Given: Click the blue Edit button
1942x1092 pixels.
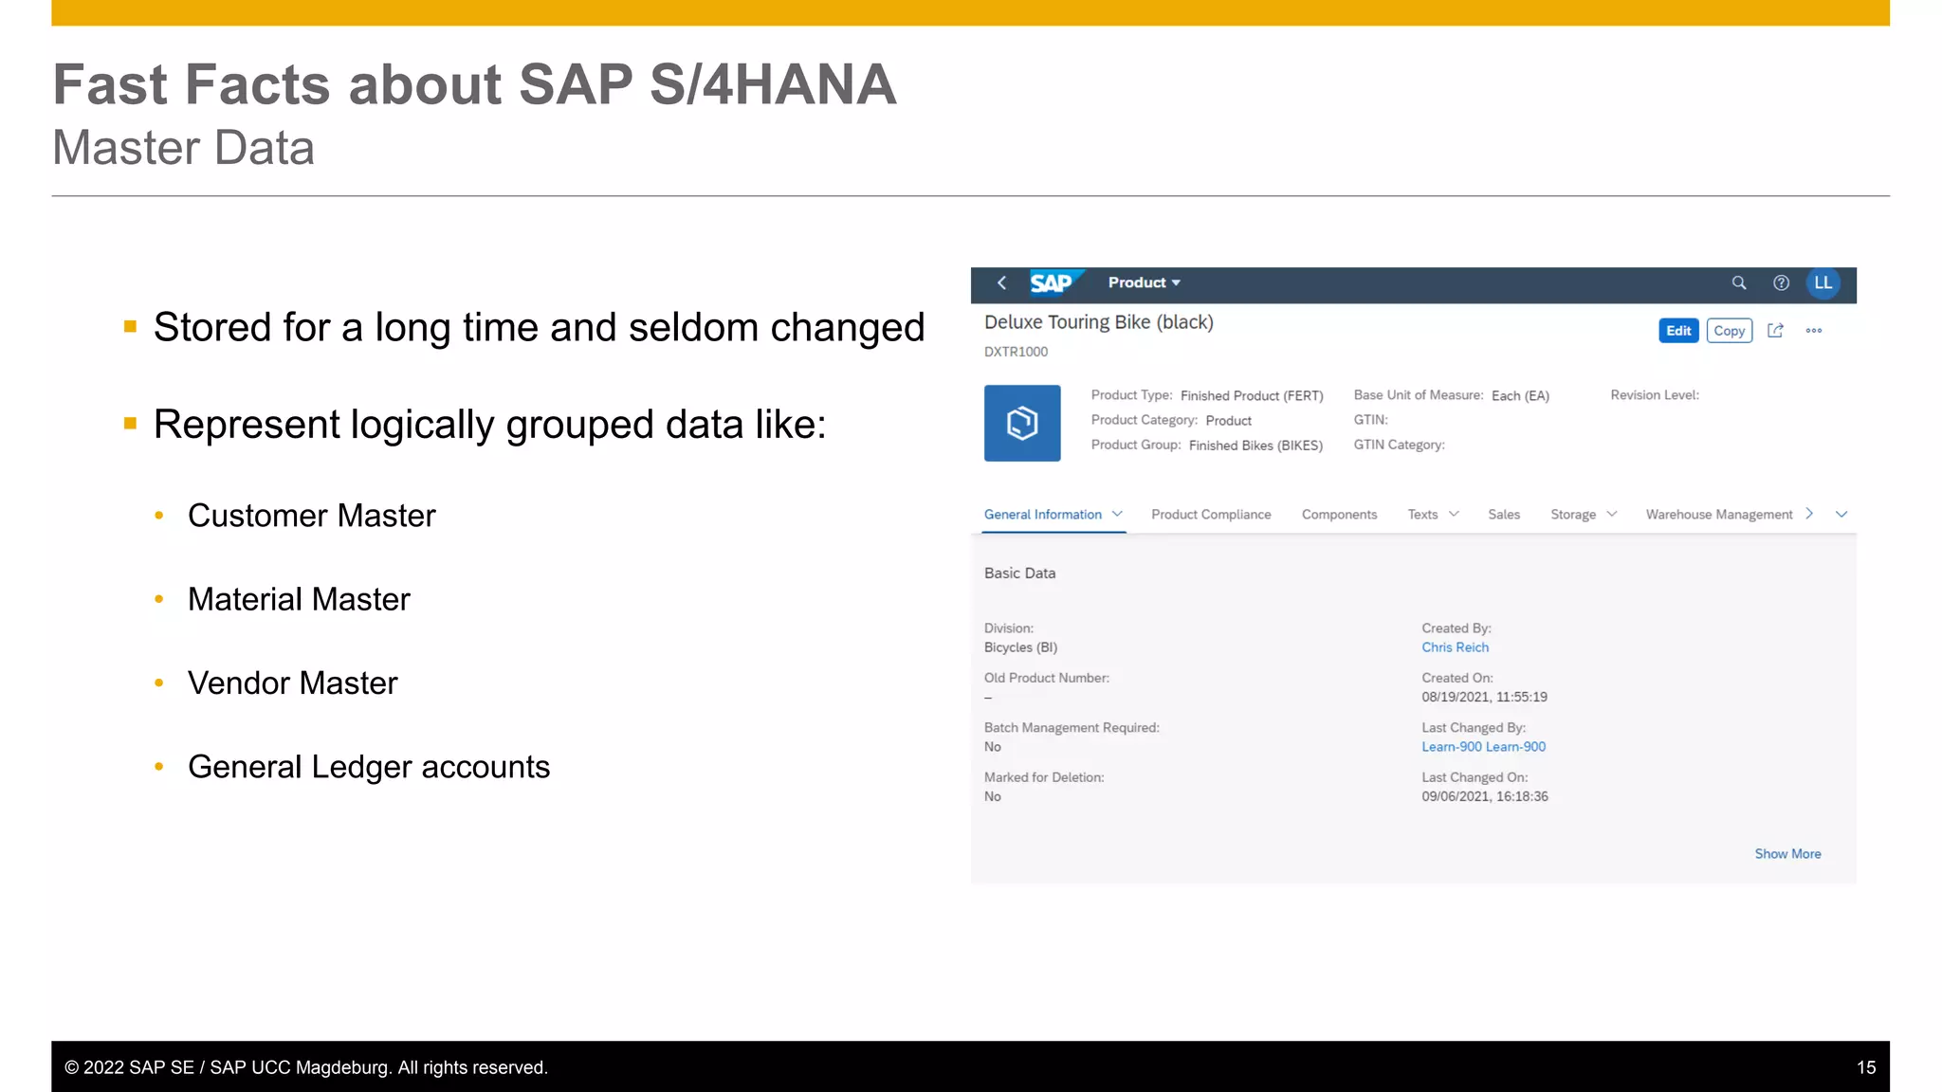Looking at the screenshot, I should tap(1677, 331).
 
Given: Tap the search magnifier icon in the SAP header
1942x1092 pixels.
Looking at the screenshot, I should tap(1739, 282).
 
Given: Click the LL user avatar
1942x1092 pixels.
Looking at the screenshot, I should tap(1823, 282).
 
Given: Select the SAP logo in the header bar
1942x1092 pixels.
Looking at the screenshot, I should tap(1051, 282).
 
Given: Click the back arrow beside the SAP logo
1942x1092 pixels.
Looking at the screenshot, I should tap(1001, 282).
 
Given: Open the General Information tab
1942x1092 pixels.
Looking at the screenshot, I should tap(1042, 515).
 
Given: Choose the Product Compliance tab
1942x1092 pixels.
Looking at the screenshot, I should tap(1211, 515).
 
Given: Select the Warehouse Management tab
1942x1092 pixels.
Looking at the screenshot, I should tap(1718, 515).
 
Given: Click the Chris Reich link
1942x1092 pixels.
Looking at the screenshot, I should tap(1455, 647).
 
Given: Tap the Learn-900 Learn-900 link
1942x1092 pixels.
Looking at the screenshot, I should tap(1483, 747).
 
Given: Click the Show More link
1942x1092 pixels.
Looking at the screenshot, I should tap(1787, 854).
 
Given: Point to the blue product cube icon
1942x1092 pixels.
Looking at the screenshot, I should tap(1022, 423).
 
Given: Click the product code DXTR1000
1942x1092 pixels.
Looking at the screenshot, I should tap(1016, 352).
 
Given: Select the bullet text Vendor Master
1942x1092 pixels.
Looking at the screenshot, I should tap(293, 683).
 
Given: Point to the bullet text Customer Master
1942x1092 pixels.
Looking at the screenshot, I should tap(312, 516).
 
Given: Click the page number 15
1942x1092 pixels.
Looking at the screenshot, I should tap(1865, 1067).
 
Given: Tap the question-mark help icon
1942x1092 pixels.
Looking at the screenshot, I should tap(1781, 282).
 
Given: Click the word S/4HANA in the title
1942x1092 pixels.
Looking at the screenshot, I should tap(773, 84).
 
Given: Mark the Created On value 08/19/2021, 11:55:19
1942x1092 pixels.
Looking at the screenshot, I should tap(1484, 698).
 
